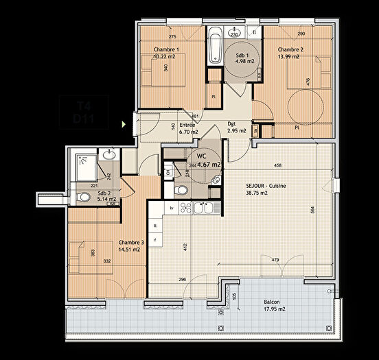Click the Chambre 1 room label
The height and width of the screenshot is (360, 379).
click(x=166, y=50)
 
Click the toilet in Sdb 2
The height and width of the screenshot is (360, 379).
click(x=83, y=198)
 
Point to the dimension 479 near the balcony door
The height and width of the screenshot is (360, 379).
click(x=274, y=259)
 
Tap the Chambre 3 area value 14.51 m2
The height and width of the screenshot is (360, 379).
click(x=128, y=250)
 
